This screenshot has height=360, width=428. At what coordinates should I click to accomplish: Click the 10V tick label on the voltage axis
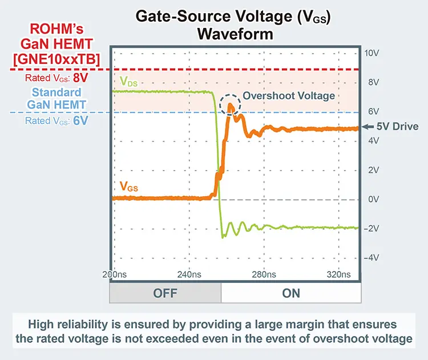(x=372, y=53)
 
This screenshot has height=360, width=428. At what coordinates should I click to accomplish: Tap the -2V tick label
(x=372, y=228)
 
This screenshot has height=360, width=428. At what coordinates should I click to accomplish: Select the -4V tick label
(x=372, y=257)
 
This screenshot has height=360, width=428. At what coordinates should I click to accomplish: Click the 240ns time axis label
(x=189, y=274)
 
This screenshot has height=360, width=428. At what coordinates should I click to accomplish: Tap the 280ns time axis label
(x=263, y=274)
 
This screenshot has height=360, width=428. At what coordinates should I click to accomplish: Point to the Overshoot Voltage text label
(x=289, y=96)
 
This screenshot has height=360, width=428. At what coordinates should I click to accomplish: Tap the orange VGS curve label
(x=128, y=186)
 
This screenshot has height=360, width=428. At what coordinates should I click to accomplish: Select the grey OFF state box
(x=165, y=293)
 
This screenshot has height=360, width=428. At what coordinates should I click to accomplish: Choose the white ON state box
(x=290, y=293)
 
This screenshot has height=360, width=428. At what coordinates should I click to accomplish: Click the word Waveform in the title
(x=235, y=34)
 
